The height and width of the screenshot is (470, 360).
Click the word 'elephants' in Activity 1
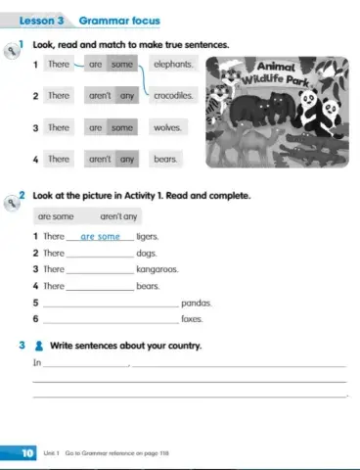pyautogui.click(x=173, y=65)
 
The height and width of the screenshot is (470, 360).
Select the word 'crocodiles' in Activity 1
pyautogui.click(x=175, y=96)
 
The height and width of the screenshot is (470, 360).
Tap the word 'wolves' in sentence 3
pyautogui.click(x=167, y=127)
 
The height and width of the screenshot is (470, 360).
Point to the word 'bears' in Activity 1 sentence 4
pyautogui.click(x=165, y=159)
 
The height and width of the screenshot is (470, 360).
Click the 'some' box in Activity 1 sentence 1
pyautogui.click(x=121, y=65)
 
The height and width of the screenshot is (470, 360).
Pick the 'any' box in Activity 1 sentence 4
pyautogui.click(x=126, y=159)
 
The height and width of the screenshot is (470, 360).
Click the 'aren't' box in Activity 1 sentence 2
pyautogui.click(x=100, y=96)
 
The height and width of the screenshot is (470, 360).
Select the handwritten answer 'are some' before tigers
pyautogui.click(x=100, y=236)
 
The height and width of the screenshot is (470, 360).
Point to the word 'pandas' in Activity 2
pyautogui.click(x=197, y=303)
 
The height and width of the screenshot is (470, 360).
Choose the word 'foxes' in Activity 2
pyautogui.click(x=193, y=319)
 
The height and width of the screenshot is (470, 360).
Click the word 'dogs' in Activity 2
pyautogui.click(x=148, y=253)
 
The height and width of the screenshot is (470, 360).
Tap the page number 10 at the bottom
pyautogui.click(x=28, y=453)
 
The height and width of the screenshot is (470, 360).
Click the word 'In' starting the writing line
pyautogui.click(x=37, y=364)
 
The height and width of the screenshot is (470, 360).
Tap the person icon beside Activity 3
pyautogui.click(x=38, y=346)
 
